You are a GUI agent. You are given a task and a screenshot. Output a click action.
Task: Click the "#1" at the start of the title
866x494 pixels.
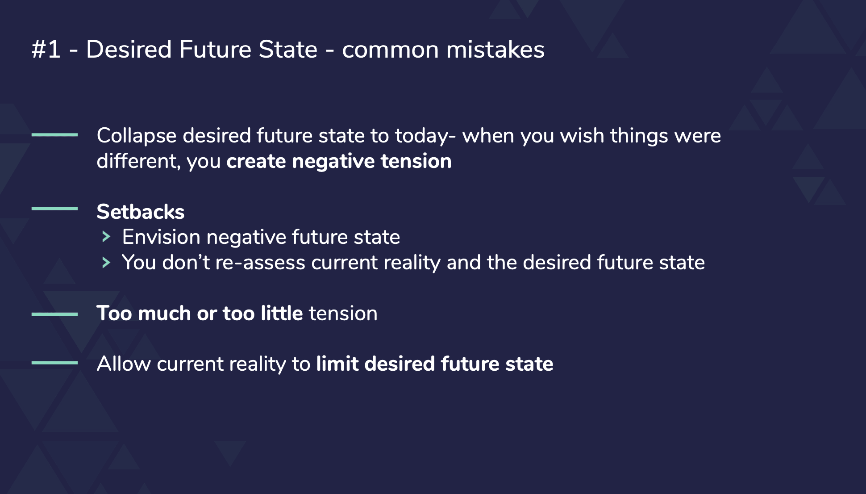click(x=46, y=49)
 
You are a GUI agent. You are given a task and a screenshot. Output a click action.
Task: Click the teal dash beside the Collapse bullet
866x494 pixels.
click(x=54, y=134)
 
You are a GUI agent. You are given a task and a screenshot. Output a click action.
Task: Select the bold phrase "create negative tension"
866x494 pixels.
click(x=339, y=161)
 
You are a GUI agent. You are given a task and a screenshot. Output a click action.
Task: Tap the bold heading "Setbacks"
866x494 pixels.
click(x=140, y=212)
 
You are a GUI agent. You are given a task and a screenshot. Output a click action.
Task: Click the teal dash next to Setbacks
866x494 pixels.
click(x=54, y=208)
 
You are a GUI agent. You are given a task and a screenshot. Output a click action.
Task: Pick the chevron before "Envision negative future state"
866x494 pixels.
click(x=106, y=237)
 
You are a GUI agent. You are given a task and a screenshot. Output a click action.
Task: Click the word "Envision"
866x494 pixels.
click(x=161, y=237)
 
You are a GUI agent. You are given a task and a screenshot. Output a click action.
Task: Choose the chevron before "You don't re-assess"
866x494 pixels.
click(x=106, y=262)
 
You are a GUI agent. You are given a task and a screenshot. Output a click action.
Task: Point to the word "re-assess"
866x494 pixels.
click(x=260, y=263)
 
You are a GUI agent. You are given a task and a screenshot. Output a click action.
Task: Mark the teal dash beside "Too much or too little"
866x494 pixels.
click(x=54, y=314)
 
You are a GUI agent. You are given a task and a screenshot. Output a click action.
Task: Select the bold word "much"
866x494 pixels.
click(x=164, y=313)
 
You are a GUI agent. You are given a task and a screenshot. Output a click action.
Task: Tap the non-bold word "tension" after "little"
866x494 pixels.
click(x=343, y=314)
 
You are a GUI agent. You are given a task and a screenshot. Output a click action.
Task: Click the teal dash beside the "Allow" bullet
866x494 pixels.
click(x=54, y=363)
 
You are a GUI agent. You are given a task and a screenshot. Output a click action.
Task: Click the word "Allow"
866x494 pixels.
click(x=124, y=364)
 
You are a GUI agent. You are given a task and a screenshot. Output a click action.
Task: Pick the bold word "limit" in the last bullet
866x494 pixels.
click(x=337, y=364)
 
